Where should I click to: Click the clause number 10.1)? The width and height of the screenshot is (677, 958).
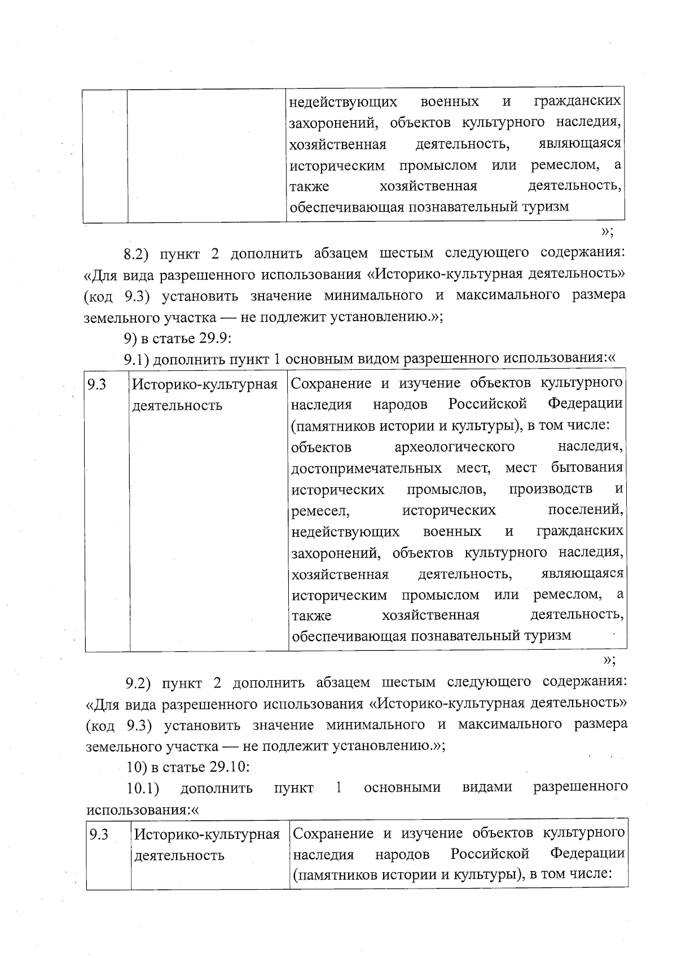pyautogui.click(x=143, y=788)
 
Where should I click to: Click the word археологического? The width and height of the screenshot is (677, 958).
pyautogui.click(x=455, y=447)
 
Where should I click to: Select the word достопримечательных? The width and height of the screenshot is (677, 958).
pyautogui.click(x=367, y=469)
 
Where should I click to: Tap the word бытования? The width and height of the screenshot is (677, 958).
pyautogui.click(x=587, y=467)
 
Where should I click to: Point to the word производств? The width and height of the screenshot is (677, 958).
pyautogui.click(x=551, y=489)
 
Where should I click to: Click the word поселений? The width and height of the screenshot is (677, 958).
pyautogui.click(x=586, y=510)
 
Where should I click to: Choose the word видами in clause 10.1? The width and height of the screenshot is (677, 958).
pyautogui.click(x=487, y=787)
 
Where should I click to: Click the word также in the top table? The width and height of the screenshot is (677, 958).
pyautogui.click(x=309, y=186)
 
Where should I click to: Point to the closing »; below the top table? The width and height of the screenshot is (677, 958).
pyautogui.click(x=607, y=231)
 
